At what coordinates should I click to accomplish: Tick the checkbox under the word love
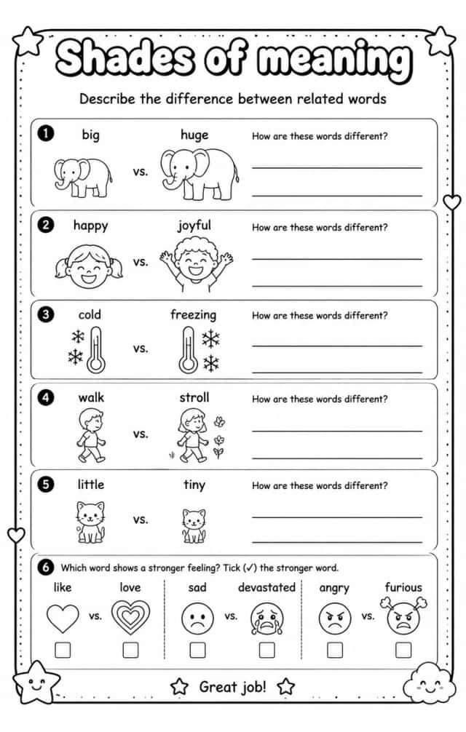tap(130, 650)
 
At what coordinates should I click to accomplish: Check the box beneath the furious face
tap(403, 650)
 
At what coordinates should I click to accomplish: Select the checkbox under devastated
tap(267, 650)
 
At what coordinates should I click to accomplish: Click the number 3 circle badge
tap(46, 314)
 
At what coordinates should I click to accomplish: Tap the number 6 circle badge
tap(46, 568)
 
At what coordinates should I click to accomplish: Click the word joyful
tap(194, 226)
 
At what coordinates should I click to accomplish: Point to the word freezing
tap(193, 314)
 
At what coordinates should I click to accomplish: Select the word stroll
tap(194, 397)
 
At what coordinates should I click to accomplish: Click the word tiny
tap(194, 485)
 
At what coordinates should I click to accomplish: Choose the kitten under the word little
tap(90, 522)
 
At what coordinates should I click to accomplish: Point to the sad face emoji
tap(197, 618)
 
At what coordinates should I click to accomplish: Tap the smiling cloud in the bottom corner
tap(429, 682)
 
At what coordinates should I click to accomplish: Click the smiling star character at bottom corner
tap(36, 682)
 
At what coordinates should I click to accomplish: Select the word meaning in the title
tap(335, 60)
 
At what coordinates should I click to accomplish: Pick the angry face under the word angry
tap(334, 618)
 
